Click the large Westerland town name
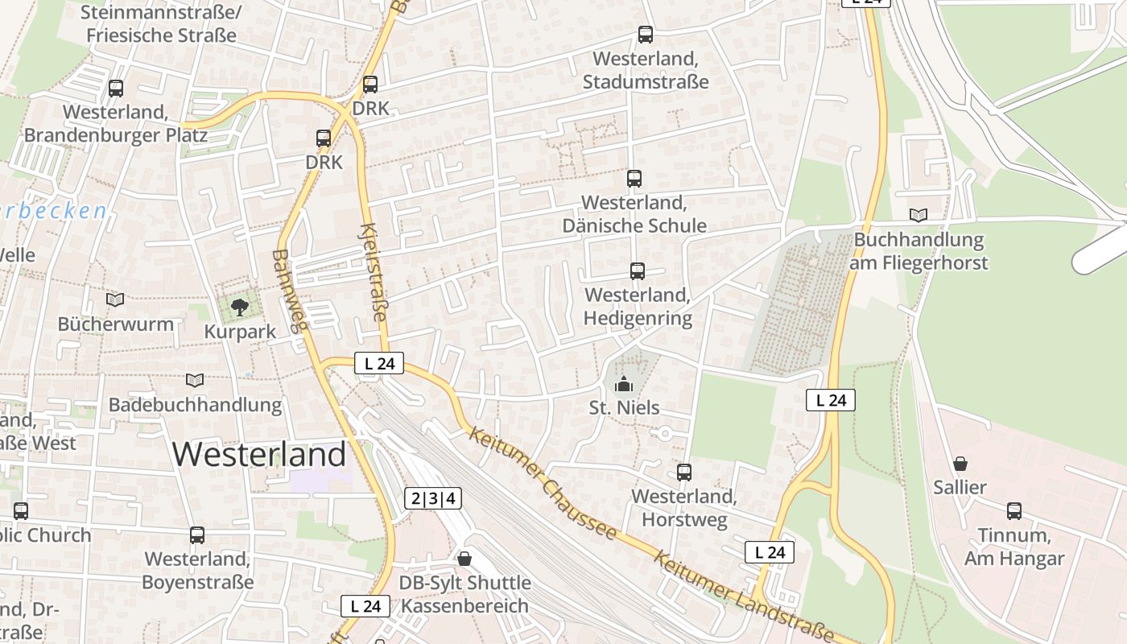click(x=258, y=455)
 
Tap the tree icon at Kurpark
click(x=239, y=306)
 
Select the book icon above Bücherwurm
click(x=115, y=299)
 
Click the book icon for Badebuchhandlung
click(x=195, y=380)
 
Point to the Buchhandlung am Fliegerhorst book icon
click(x=919, y=215)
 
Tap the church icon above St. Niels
click(x=624, y=385)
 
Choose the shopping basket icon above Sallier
click(x=960, y=464)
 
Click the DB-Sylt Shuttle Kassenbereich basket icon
click(x=464, y=558)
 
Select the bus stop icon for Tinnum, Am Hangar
click(x=1014, y=510)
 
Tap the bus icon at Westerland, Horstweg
click(x=684, y=472)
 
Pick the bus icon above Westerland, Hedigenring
click(x=638, y=270)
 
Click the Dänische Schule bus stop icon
click(x=634, y=178)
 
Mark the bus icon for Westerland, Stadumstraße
click(x=646, y=34)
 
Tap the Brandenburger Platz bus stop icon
click(x=116, y=88)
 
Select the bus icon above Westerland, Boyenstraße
click(x=197, y=535)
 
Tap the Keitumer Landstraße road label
click(x=739, y=596)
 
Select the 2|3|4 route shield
click(x=433, y=498)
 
